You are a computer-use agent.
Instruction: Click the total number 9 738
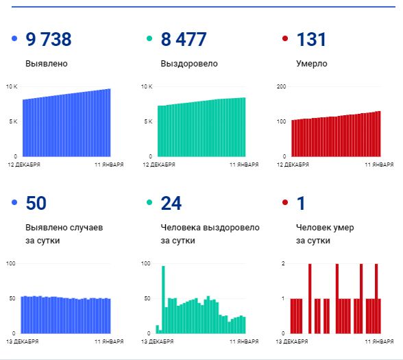(48, 40)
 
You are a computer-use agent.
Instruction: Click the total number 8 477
(183, 40)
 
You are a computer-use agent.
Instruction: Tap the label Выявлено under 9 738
(47, 64)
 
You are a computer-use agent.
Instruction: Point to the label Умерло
(312, 64)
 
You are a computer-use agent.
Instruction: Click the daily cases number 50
(36, 203)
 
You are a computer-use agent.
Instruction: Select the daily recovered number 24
(171, 203)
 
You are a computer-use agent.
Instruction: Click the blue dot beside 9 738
(14, 40)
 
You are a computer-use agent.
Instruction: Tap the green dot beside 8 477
(149, 40)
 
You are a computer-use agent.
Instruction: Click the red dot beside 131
(285, 40)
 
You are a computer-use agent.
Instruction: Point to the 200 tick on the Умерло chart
(280, 86)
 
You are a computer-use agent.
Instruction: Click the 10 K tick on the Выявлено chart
(11, 86)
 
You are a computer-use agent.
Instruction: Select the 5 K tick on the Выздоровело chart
(147, 121)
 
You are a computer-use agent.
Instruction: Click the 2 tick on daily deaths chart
(283, 263)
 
